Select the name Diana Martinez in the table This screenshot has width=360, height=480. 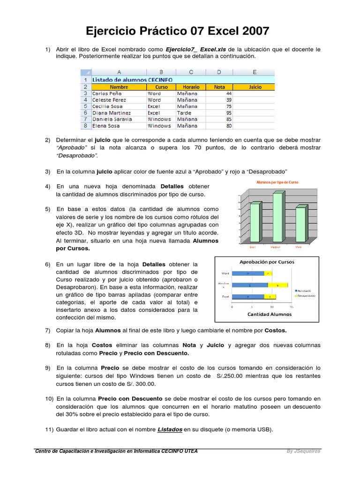pyautogui.click(x=112, y=113)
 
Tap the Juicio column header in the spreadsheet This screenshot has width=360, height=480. pyautogui.click(x=255, y=87)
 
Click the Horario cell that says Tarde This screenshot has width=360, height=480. pyautogui.click(x=184, y=113)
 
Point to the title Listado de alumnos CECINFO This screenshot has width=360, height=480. pyautogui.click(x=133, y=80)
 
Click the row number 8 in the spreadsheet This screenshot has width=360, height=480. pyautogui.click(x=85, y=126)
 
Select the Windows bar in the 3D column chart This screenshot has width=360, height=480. pyautogui.click(x=277, y=217)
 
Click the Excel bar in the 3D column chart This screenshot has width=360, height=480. pyautogui.click(x=255, y=223)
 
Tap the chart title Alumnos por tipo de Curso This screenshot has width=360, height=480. pyautogui.click(x=277, y=182)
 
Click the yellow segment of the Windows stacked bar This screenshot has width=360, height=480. pyautogui.click(x=278, y=285)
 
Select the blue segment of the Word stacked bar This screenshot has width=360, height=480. pyautogui.click(x=248, y=273)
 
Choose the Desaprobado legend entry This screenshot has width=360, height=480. pyautogui.click(x=305, y=296)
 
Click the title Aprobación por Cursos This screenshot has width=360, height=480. pyautogui.click(x=267, y=262)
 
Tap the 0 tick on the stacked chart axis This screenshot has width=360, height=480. pyautogui.click(x=232, y=307)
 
